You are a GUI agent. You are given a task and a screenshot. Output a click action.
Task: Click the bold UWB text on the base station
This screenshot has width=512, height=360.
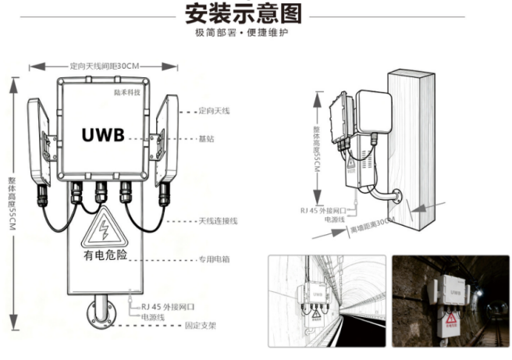click(103, 134)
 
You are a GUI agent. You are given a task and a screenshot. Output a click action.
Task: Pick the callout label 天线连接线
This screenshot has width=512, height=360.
click(218, 221)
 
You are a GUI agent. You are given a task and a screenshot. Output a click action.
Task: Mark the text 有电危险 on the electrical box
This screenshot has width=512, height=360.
click(103, 255)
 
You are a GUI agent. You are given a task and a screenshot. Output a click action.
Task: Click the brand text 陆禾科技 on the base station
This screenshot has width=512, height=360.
click(126, 91)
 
